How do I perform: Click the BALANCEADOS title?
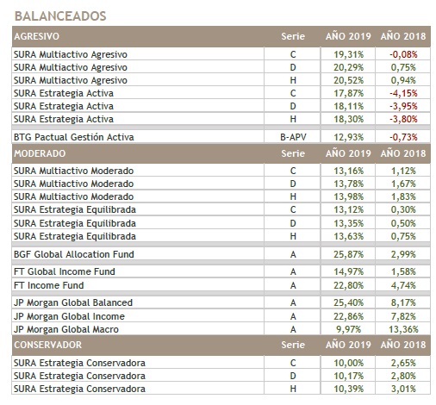pyautogui.click(x=60, y=16)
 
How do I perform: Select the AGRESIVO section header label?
pyautogui.click(x=37, y=36)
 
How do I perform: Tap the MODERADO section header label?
pyautogui.click(x=40, y=153)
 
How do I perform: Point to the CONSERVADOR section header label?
pyautogui.click(x=48, y=345)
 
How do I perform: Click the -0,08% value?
pyautogui.click(x=403, y=54)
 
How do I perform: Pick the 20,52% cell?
pyautogui.click(x=348, y=80)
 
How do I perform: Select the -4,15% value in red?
pyautogui.click(x=403, y=93)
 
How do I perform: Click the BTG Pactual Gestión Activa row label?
pyautogui.click(x=74, y=137)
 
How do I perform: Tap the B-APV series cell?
pyautogui.click(x=293, y=137)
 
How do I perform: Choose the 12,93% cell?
pyautogui.click(x=348, y=137)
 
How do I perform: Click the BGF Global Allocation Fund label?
pyautogui.click(x=74, y=254)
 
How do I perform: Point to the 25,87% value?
pyautogui.click(x=348, y=254)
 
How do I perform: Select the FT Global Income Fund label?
pyautogui.click(x=65, y=271)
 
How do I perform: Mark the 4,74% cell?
pyautogui.click(x=403, y=285)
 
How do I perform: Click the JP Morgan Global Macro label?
pyautogui.click(x=66, y=329)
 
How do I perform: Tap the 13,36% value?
pyautogui.click(x=403, y=329)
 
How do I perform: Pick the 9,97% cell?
pyautogui.click(x=348, y=329)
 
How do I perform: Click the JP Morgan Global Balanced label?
pyautogui.click(x=73, y=302)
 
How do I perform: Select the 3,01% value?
pyautogui.click(x=403, y=389)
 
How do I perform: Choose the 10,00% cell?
pyautogui.click(x=348, y=363)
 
